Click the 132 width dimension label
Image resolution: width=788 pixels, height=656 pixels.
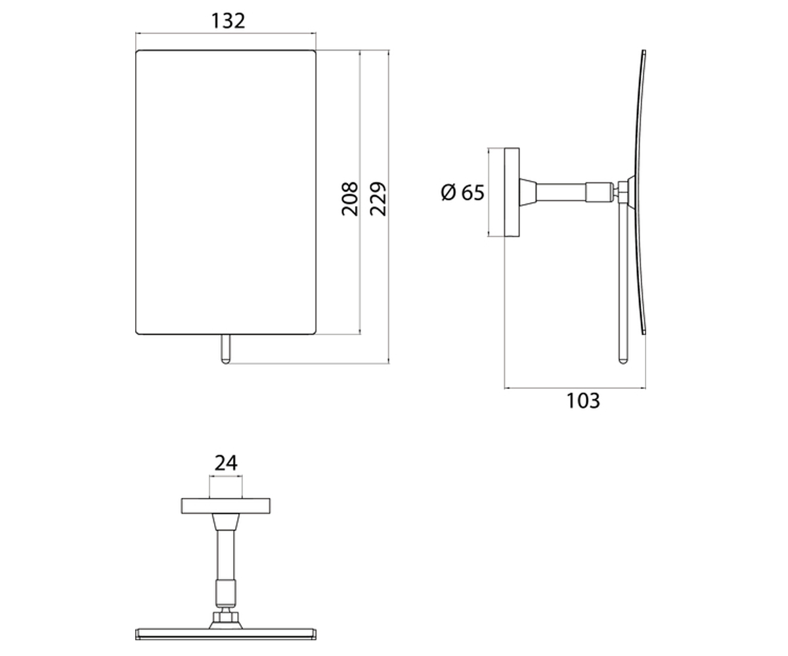pos(228,21)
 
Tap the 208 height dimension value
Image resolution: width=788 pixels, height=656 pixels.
pos(350,199)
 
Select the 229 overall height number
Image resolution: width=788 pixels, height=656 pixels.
pos(378,199)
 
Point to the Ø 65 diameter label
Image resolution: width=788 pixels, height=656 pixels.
pos(463,192)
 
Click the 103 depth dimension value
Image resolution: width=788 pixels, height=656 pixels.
pos(583,401)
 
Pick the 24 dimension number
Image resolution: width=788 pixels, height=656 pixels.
pos(226,463)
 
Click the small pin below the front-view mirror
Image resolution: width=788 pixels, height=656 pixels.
pos(225,349)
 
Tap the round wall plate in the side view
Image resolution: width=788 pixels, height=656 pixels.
pos(512,192)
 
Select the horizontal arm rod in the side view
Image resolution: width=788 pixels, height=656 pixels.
pos(561,192)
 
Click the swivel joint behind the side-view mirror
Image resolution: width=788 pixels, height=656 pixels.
pos(623,192)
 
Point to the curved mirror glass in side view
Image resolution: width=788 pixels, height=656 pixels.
pos(641,192)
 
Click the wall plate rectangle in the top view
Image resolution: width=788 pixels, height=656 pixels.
pos(226,506)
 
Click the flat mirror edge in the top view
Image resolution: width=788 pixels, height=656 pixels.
pos(226,634)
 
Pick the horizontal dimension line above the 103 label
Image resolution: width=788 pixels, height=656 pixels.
pos(575,388)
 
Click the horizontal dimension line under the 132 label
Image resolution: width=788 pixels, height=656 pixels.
pos(226,33)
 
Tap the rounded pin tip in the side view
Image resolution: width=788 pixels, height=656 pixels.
pos(623,361)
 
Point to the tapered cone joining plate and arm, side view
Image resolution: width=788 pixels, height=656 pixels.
pos(528,192)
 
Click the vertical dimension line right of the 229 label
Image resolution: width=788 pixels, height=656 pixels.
pos(389,207)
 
